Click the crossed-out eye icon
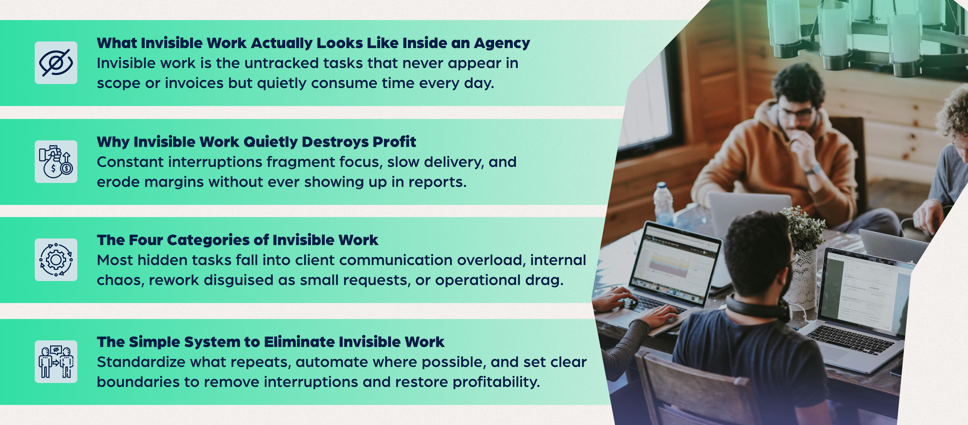pos(56,63)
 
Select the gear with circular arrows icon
pos(56,260)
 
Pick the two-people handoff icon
pos(56,362)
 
